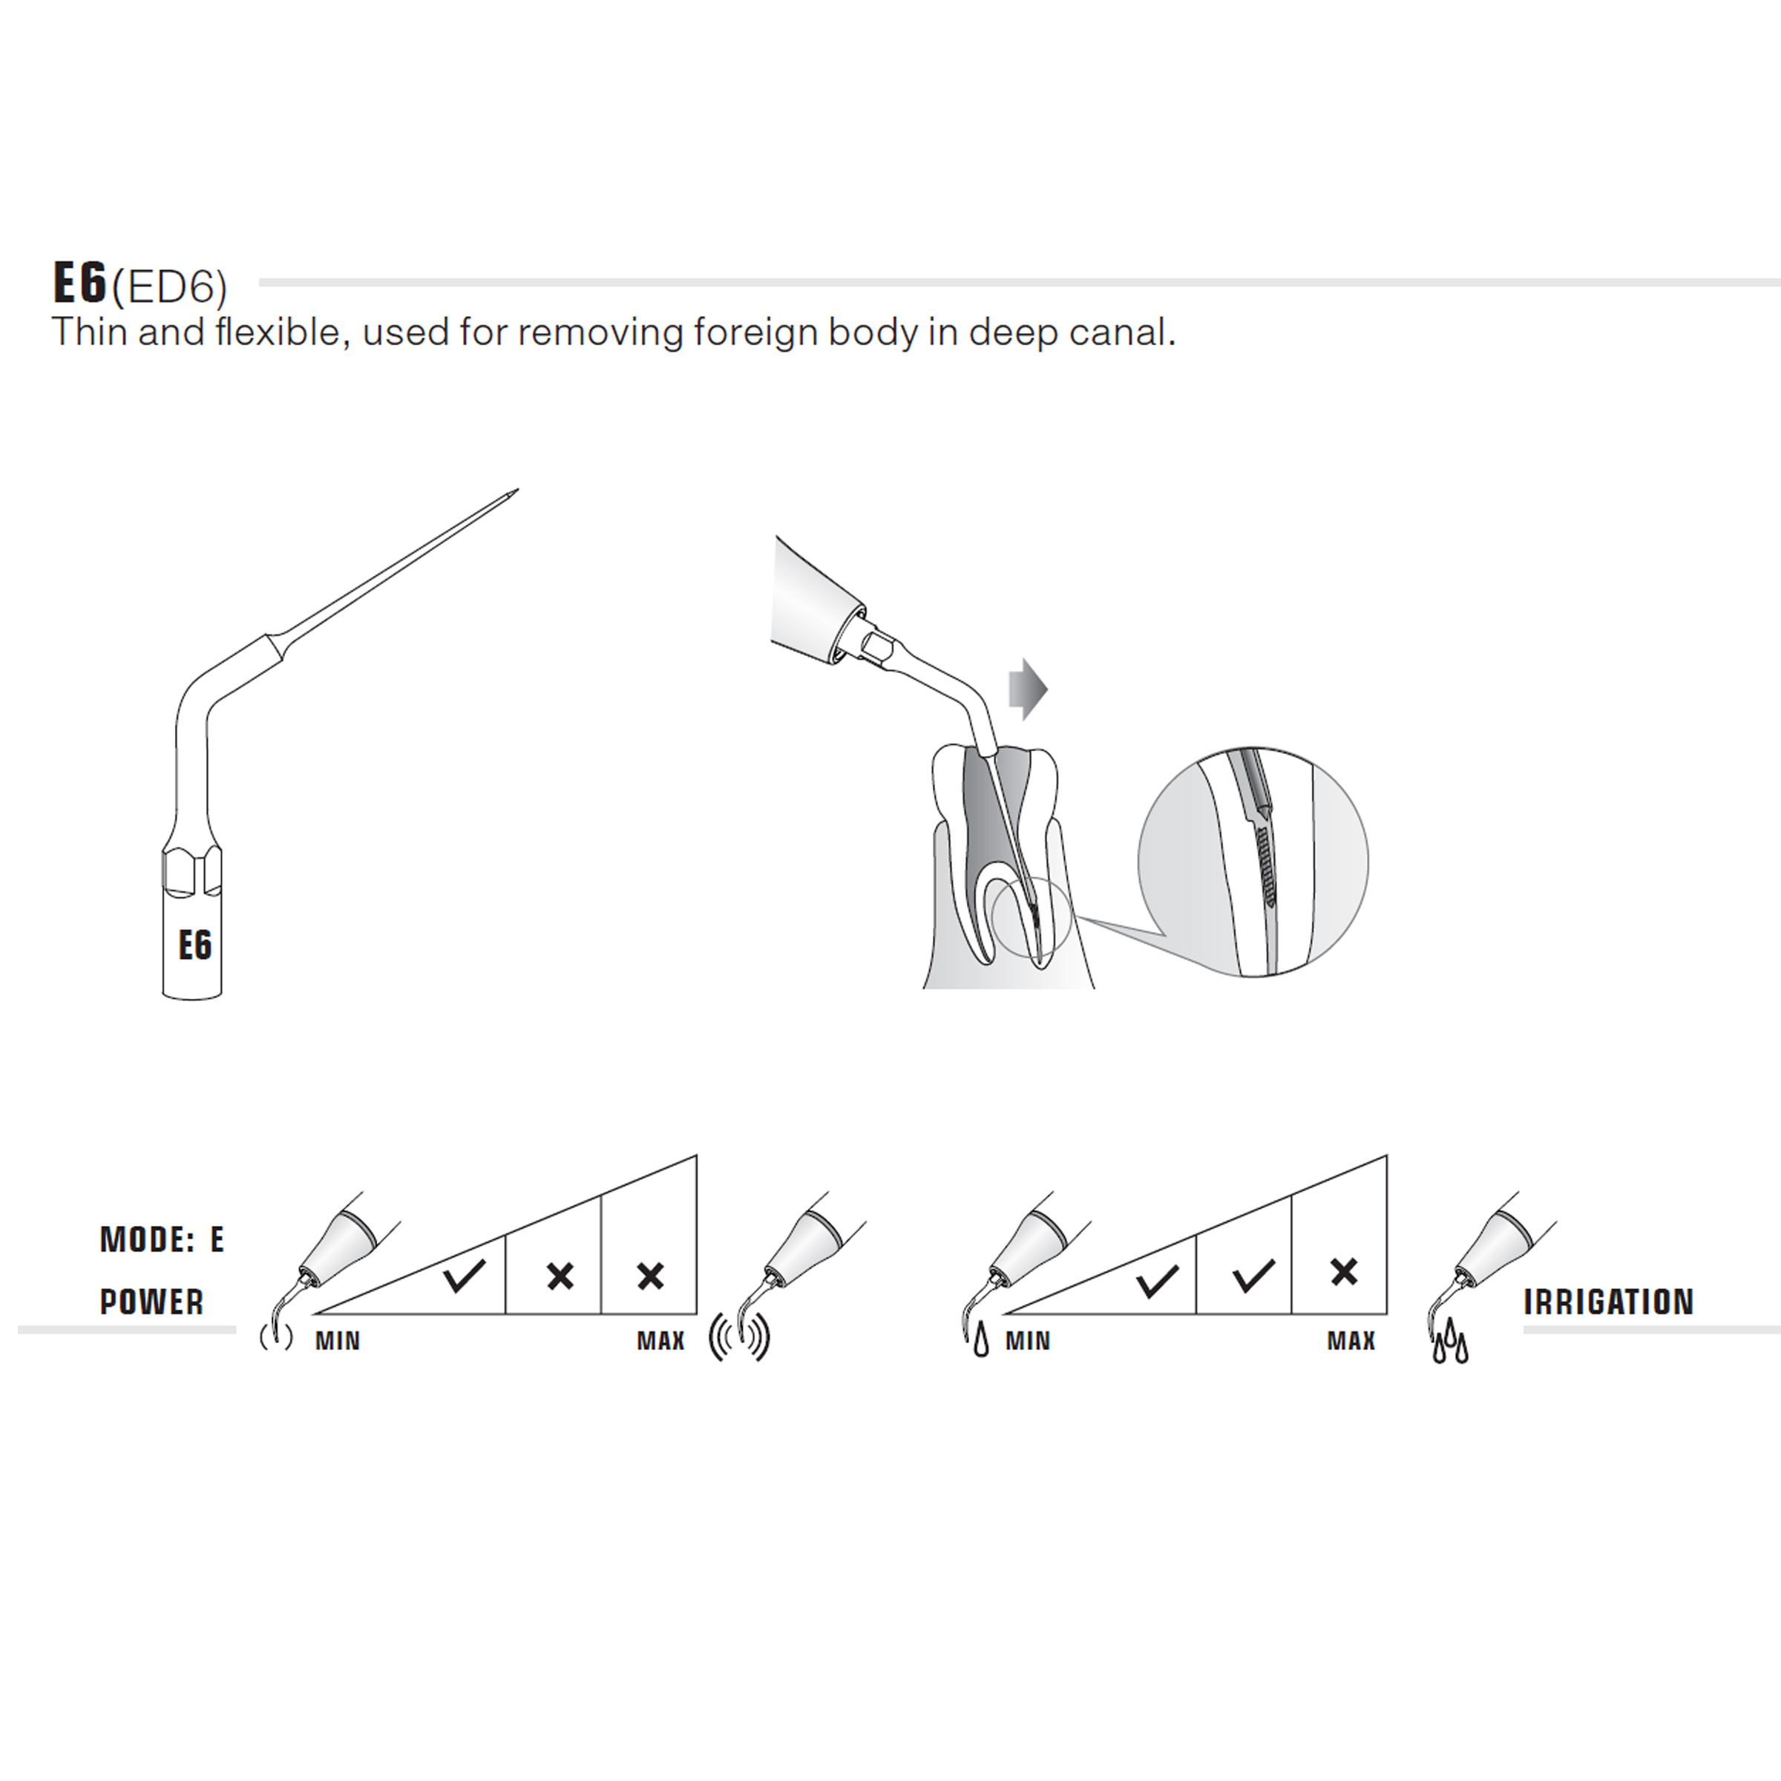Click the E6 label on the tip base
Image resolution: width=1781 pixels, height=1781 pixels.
(x=195, y=945)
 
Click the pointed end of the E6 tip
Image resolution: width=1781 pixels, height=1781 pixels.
(x=517, y=491)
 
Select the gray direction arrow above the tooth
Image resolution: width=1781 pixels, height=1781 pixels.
(x=1029, y=688)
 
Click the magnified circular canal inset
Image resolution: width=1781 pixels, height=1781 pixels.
(x=1253, y=862)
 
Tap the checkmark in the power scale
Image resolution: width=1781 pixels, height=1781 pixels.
(x=464, y=1275)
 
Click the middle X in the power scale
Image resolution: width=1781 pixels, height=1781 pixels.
(x=560, y=1276)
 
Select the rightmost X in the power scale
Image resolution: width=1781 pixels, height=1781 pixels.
(x=651, y=1276)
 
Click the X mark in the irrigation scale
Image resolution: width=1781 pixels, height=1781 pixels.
(x=1344, y=1272)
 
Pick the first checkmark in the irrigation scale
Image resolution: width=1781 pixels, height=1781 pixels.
(x=1157, y=1279)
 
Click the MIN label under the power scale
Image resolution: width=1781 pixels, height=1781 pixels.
(x=338, y=1340)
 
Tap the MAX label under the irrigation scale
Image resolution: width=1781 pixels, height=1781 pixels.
(x=1351, y=1340)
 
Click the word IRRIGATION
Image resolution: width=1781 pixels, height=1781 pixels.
(x=1609, y=1302)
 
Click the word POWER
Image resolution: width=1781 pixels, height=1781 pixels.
(x=152, y=1302)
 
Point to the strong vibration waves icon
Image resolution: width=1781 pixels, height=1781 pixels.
(x=739, y=1339)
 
